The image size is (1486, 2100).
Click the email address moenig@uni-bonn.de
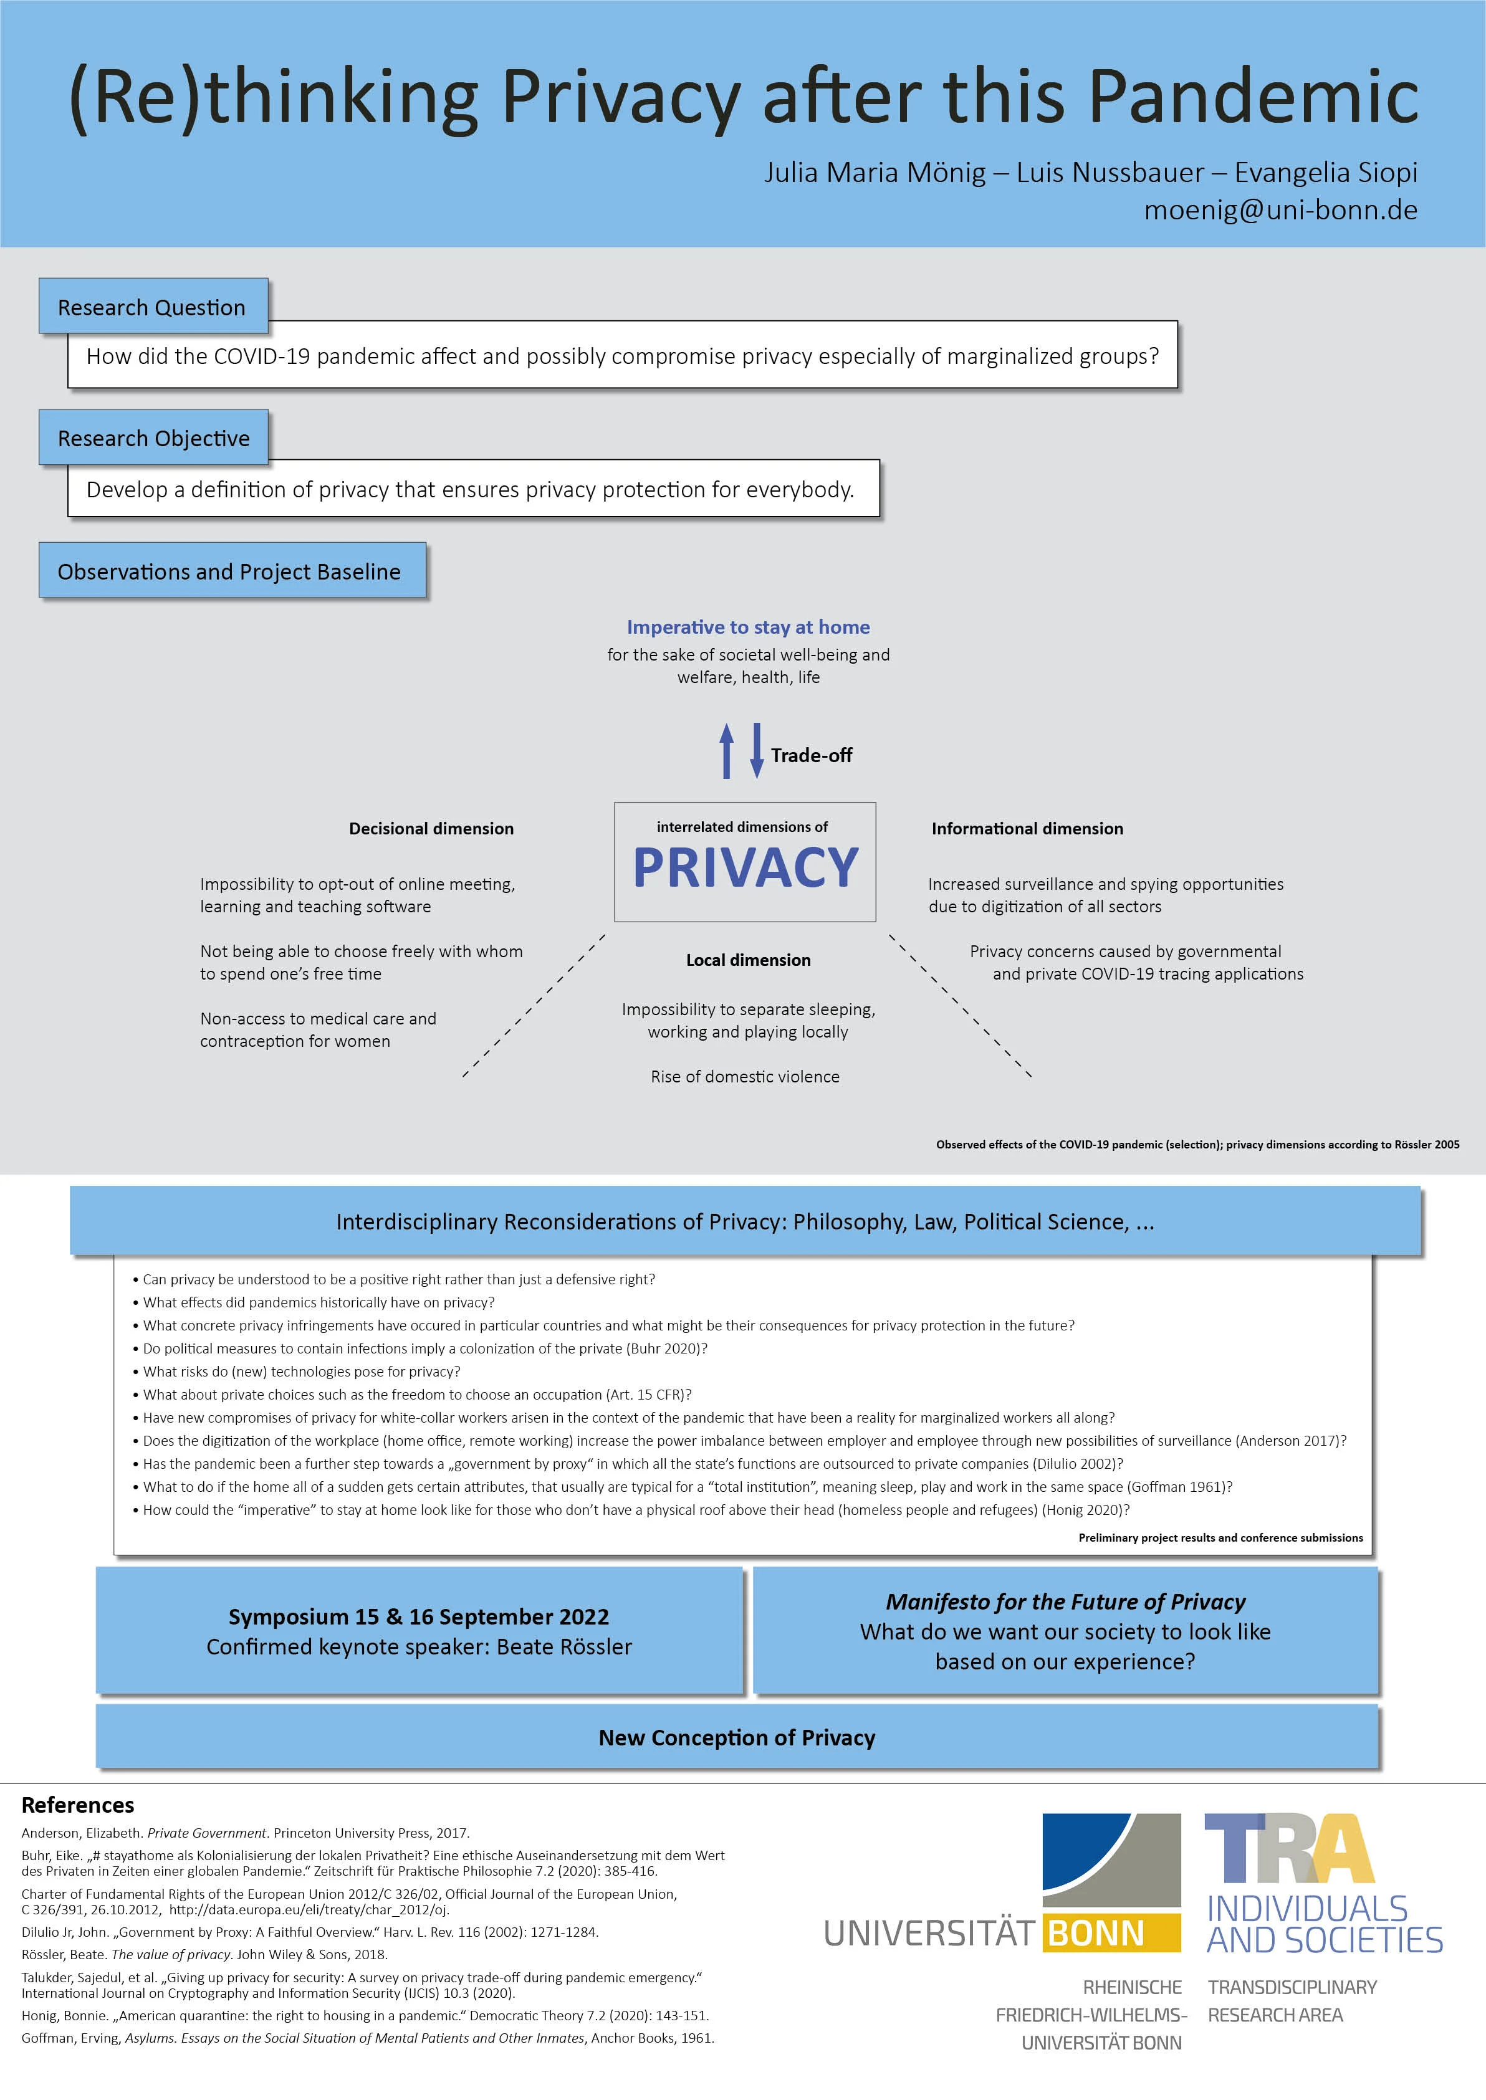(1280, 211)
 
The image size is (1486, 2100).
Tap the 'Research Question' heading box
(152, 307)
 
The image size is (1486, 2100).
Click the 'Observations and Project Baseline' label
(229, 571)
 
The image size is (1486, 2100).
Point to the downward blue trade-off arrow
(757, 751)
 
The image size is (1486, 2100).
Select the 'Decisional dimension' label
(431, 829)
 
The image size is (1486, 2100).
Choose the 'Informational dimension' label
(1027, 829)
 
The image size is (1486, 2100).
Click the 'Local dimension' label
(747, 960)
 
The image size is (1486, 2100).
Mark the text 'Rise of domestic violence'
(745, 1077)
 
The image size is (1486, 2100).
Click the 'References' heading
(78, 1805)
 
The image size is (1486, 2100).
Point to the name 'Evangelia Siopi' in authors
(1326, 172)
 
